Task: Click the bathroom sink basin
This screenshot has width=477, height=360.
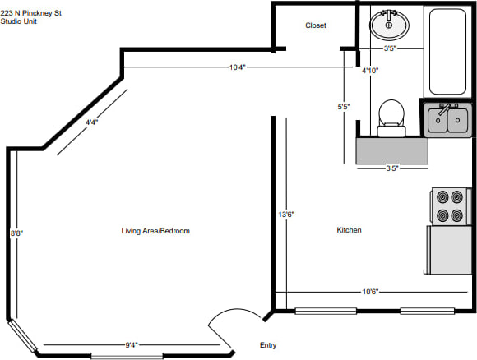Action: [389, 25]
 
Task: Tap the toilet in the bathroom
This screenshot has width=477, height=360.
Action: [391, 118]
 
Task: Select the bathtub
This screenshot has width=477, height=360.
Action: [447, 52]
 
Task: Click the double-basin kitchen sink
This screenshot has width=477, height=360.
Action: [447, 120]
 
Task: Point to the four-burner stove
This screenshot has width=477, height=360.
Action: [451, 206]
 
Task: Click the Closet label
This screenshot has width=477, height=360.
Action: [316, 25]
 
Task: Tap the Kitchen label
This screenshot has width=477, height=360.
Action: [349, 230]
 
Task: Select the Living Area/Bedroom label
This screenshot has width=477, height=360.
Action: [155, 231]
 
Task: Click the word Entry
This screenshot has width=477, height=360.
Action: [268, 345]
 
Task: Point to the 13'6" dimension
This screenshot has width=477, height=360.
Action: [286, 215]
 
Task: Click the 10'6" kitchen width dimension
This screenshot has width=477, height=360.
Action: [370, 292]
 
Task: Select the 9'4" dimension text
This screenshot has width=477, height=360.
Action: [132, 345]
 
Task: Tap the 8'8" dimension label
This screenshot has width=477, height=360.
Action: [17, 233]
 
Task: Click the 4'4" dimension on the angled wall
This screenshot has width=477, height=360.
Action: [91, 122]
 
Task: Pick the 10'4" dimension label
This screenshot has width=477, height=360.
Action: [238, 67]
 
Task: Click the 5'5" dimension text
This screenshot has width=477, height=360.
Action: [344, 107]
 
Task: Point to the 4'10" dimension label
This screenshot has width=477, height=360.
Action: [370, 71]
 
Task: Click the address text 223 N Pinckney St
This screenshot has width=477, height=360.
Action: [31, 13]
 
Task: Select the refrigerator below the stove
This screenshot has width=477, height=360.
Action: [449, 250]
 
